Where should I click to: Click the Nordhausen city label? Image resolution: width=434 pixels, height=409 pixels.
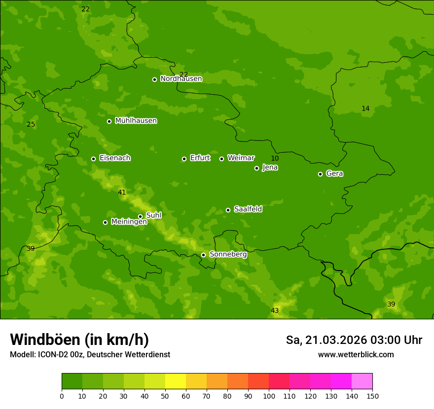[x=181, y=79]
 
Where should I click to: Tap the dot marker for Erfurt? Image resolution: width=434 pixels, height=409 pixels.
[x=184, y=159]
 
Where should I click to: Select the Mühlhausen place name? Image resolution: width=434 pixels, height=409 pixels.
[x=136, y=121]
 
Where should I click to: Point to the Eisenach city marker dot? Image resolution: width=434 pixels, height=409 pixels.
[x=93, y=159]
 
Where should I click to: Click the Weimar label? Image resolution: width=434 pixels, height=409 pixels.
[x=241, y=158]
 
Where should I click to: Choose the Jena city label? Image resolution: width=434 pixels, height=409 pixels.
[x=270, y=168]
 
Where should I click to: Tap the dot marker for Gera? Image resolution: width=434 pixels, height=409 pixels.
[x=320, y=174]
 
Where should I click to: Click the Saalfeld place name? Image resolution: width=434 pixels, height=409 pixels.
[x=248, y=209]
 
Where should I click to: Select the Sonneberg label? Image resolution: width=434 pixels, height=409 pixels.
[x=228, y=254]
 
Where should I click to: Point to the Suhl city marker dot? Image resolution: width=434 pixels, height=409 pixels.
[x=140, y=216]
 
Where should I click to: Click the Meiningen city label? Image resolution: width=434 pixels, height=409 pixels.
[x=129, y=222]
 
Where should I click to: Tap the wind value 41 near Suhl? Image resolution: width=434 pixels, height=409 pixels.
[x=122, y=193]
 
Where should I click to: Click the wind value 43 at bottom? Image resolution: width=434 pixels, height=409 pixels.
[x=275, y=310]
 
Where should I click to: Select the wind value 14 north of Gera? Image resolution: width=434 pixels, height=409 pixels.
[x=365, y=108]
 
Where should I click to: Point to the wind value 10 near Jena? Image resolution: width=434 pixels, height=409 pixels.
[x=275, y=158]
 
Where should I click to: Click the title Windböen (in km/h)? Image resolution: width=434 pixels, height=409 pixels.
[x=79, y=340]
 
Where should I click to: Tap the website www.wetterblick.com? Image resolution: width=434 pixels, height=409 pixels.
[x=356, y=354]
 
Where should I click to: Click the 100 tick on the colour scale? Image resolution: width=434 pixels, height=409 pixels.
[x=269, y=396]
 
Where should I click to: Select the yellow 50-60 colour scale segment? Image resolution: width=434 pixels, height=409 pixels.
[x=176, y=381]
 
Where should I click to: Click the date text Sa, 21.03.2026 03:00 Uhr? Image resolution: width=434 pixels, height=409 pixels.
[x=354, y=340]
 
